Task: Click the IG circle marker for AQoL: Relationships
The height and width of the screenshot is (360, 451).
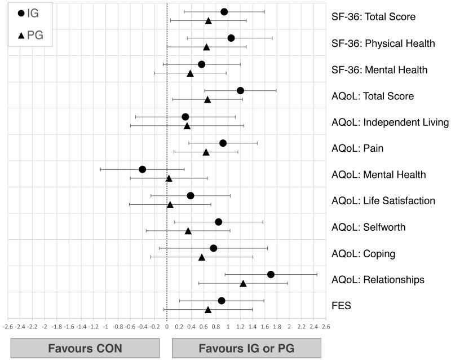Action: tap(271, 274)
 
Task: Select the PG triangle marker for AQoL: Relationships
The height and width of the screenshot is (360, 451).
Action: tap(243, 283)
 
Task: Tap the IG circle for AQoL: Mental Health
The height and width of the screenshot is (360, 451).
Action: tap(142, 169)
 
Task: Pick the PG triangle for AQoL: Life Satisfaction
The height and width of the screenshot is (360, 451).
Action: tap(170, 204)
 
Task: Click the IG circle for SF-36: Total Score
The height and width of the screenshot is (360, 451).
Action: tap(224, 12)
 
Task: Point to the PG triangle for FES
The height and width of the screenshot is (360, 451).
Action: tap(208, 309)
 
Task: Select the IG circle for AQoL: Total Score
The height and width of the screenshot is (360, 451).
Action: tap(240, 90)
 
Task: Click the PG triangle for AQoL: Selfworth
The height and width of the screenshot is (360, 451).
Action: tap(188, 231)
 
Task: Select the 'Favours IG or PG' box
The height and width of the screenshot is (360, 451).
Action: tap(246, 348)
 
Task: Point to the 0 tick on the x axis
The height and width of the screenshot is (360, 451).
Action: tap(167, 326)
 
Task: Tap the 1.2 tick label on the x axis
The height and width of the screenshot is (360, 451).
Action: tap(240, 326)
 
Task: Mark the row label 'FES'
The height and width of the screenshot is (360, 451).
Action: tap(341, 306)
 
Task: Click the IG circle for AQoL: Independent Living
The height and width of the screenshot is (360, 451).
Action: tap(185, 117)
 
